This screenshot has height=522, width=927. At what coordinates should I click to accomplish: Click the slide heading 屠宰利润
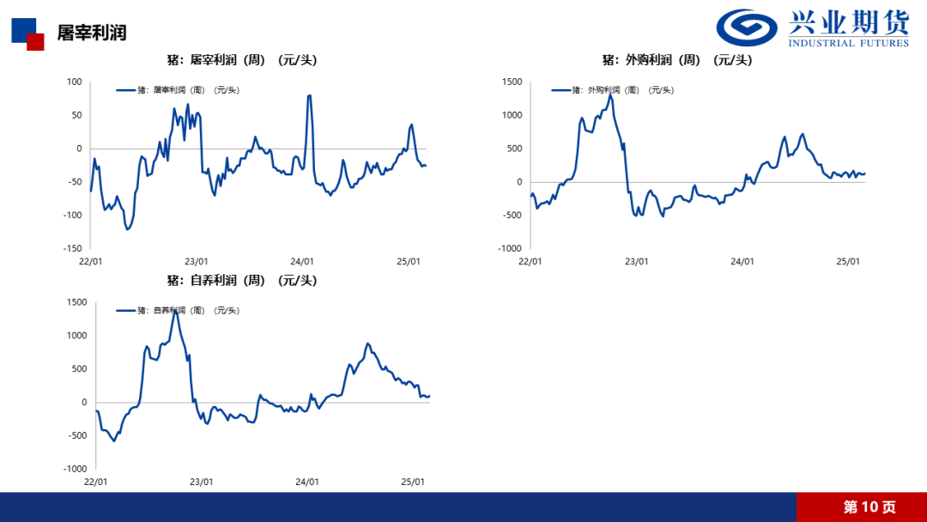(92, 33)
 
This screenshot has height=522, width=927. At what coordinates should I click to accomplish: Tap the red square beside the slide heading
(35, 42)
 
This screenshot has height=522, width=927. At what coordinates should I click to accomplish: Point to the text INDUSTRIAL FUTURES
(848, 43)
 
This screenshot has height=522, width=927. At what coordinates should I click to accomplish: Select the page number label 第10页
(869, 507)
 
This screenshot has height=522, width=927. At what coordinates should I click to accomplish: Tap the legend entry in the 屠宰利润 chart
(178, 89)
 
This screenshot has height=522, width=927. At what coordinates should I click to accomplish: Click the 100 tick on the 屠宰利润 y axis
(74, 82)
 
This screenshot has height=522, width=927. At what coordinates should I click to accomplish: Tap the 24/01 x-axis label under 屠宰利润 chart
(302, 262)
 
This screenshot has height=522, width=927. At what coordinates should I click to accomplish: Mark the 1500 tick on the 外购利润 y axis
(512, 82)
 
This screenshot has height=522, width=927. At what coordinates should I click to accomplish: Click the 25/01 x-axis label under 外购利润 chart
(848, 262)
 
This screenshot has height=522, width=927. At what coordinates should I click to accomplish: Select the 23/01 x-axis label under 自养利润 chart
(201, 483)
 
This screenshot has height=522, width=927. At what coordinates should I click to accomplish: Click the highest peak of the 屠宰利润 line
(309, 95)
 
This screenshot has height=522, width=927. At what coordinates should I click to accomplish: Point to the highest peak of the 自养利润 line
(175, 310)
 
